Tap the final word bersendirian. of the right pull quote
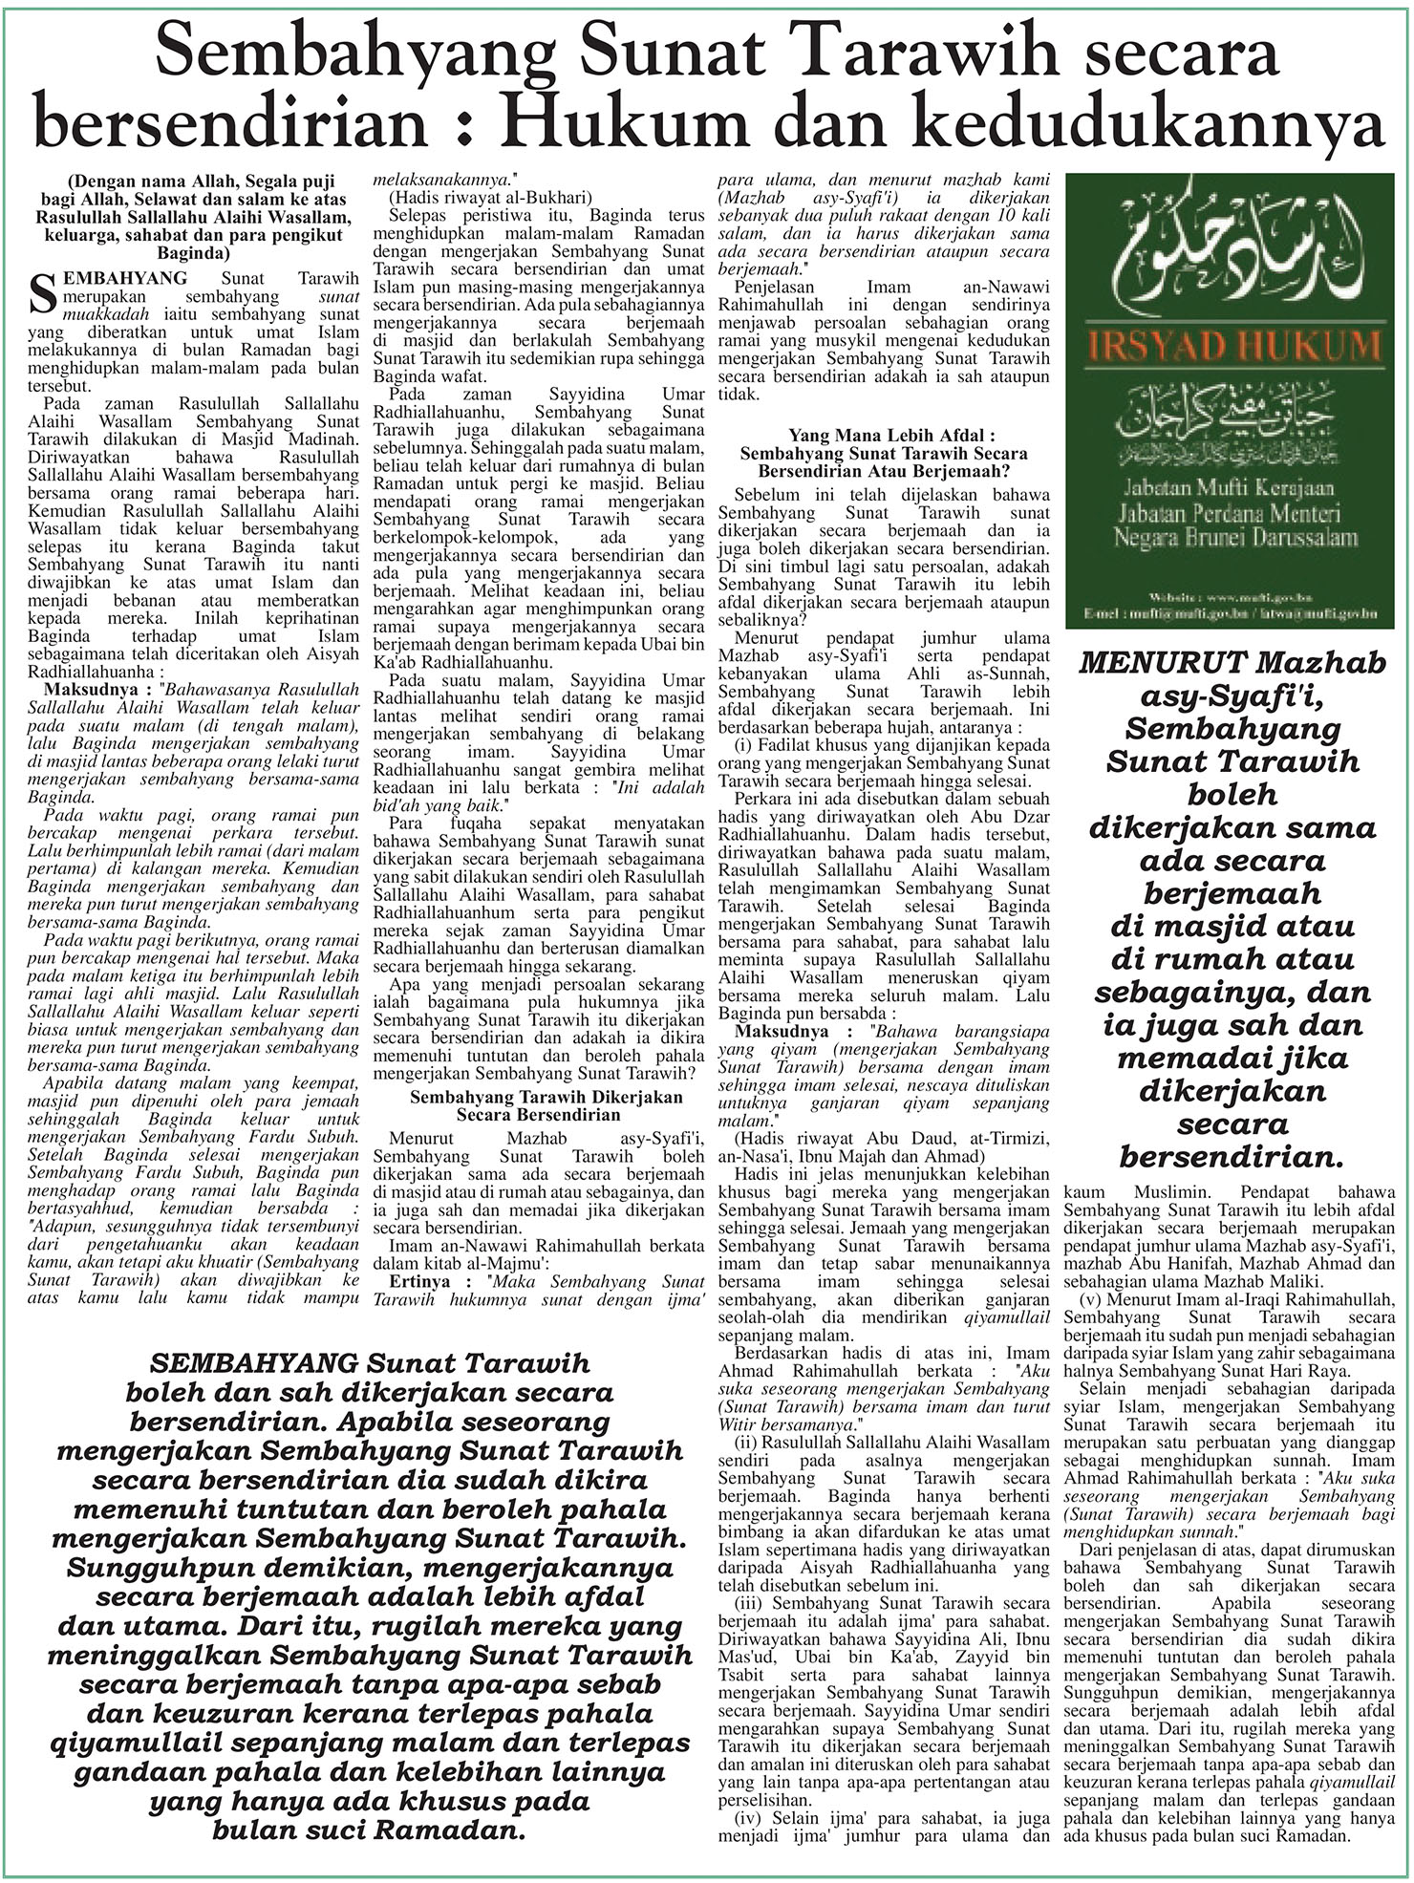coord(1232,1157)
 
